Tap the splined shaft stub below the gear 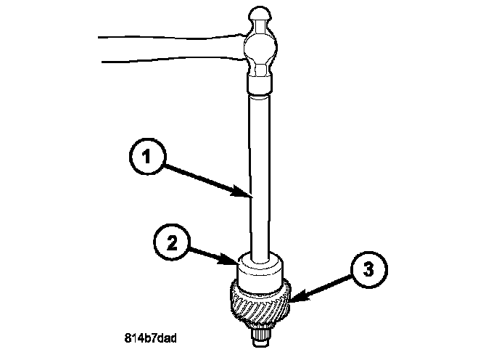click(x=261, y=335)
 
